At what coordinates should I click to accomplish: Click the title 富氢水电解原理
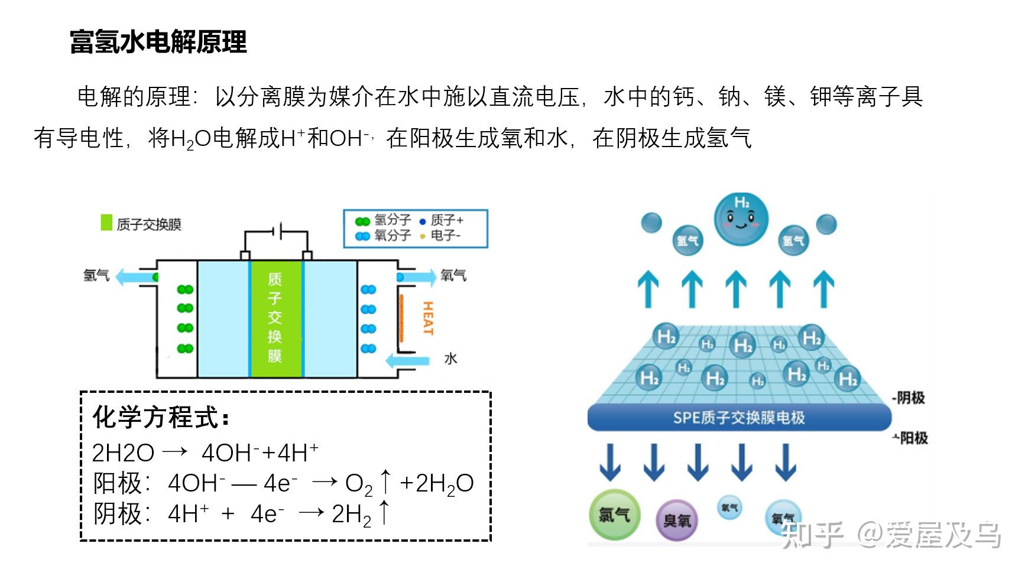click(x=158, y=43)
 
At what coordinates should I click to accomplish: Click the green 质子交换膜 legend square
click(x=106, y=223)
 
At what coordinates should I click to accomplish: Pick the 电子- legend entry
click(x=440, y=236)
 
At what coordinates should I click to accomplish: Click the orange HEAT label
click(x=428, y=318)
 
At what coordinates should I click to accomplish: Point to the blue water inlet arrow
click(x=407, y=360)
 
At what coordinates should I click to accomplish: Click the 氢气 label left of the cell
click(x=96, y=275)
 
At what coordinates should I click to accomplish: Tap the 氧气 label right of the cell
click(x=453, y=275)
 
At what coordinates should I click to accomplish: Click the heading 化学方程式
click(x=160, y=418)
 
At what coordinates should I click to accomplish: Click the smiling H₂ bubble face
click(x=741, y=219)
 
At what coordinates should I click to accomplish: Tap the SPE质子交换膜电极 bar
click(x=739, y=418)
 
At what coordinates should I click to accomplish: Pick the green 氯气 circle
click(x=614, y=515)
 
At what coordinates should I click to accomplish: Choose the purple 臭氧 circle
click(x=677, y=520)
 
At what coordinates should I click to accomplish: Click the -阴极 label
click(x=909, y=398)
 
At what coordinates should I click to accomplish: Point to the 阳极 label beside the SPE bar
click(x=912, y=438)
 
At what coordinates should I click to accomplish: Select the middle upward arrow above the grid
click(x=736, y=289)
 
